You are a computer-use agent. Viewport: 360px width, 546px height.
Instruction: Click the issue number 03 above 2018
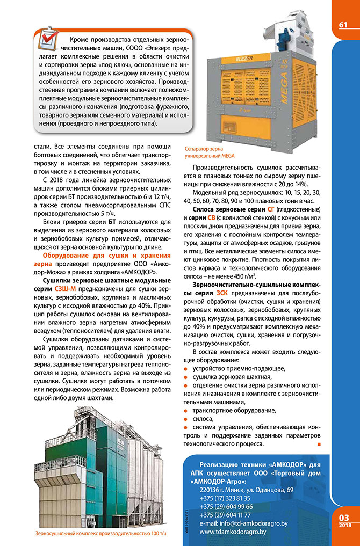pos(345,516)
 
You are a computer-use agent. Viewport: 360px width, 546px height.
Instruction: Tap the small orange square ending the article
pos(319,445)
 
